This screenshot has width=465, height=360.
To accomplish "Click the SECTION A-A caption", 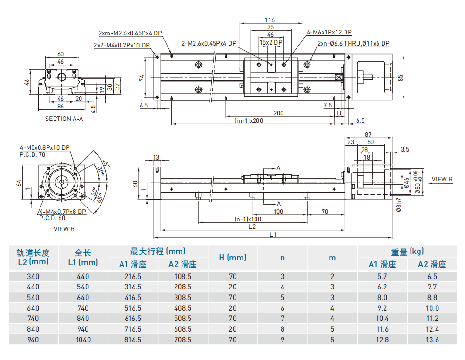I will pos(64,119).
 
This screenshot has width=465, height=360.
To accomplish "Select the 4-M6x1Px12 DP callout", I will pos(329,32).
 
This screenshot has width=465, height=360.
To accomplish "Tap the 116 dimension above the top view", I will pos(269,20).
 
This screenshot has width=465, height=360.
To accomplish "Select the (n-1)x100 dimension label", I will pos(248,219).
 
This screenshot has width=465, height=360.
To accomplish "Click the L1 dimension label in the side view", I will pos(273,234).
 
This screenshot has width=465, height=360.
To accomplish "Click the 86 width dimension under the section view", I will pos(61,107).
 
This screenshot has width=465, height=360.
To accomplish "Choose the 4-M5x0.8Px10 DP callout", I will pos(45,148).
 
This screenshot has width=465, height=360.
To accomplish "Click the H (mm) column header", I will pos(233,257).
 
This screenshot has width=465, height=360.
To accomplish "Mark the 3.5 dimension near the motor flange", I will pos(404,150).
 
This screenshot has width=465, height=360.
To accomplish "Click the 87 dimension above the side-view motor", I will pos(368,134).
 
